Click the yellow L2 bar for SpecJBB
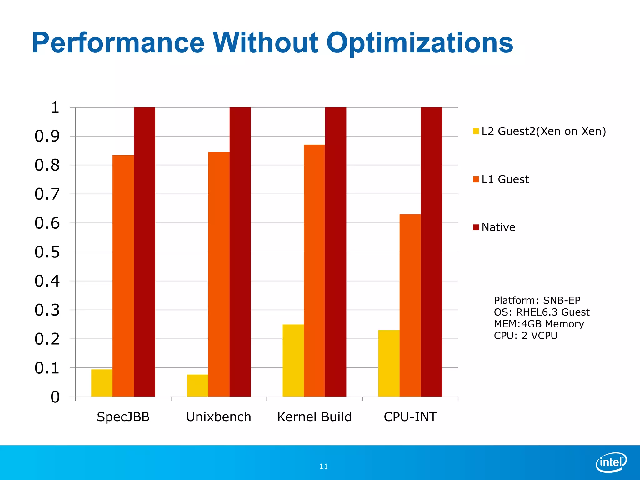102,383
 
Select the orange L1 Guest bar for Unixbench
219,274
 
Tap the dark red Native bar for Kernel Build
336,252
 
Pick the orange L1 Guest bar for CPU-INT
410,306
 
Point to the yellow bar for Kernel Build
293,361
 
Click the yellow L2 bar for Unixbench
197,386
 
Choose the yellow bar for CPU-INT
389,363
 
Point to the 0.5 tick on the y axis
47,252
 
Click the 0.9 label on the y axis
47,136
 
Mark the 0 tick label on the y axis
55,397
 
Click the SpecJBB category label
123,417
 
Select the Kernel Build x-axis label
314,417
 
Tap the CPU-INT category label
410,417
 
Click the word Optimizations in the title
419,43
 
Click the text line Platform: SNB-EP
537,300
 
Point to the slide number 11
323,467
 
